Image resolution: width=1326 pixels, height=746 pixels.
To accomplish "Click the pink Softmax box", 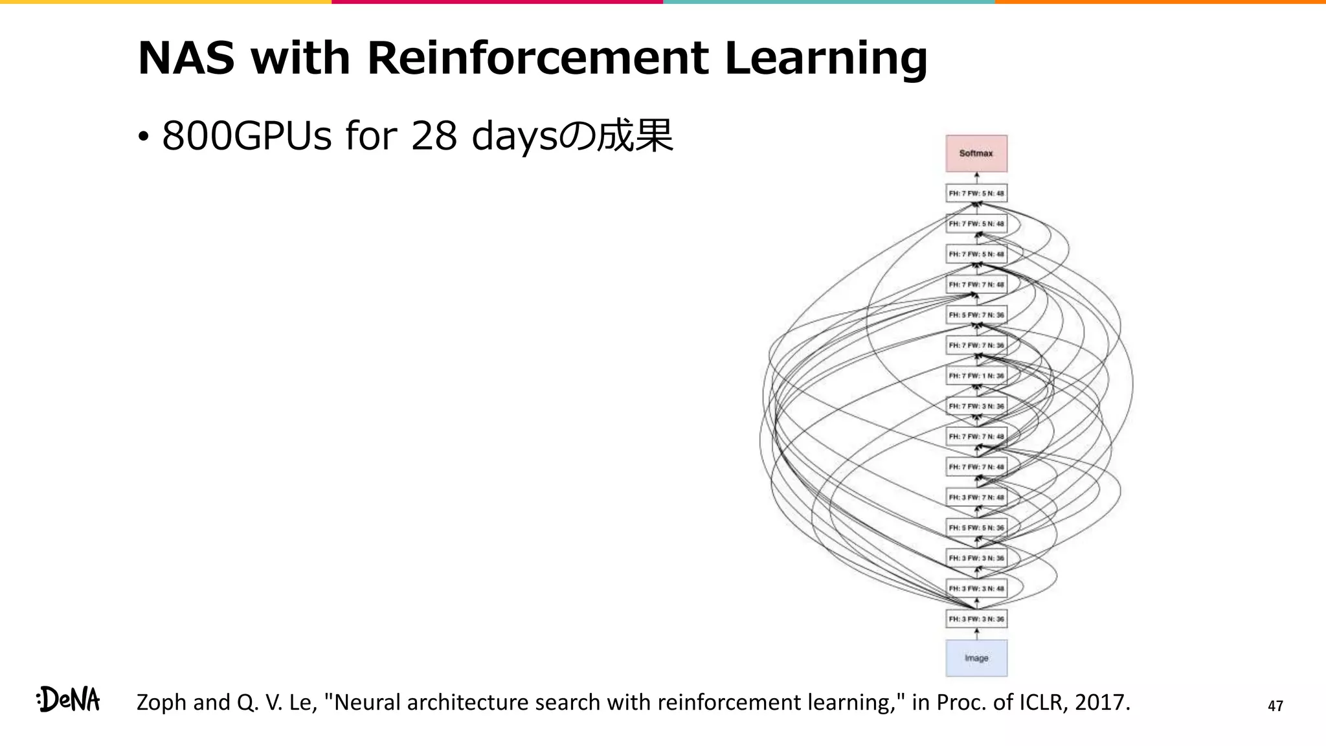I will click(x=976, y=153).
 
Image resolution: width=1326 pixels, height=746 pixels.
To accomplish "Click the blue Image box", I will click(x=976, y=658).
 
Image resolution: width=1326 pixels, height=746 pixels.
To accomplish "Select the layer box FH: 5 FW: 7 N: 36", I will click(x=976, y=315).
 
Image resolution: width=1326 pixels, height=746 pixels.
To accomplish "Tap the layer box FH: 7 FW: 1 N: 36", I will click(x=976, y=376).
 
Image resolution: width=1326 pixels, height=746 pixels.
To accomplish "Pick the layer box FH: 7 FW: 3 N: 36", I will click(x=976, y=406).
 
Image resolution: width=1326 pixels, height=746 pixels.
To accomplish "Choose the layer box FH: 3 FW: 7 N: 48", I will click(x=976, y=497).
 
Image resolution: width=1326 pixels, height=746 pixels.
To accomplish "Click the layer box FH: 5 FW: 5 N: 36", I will click(x=976, y=528).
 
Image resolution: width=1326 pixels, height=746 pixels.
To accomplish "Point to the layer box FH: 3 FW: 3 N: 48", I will click(x=976, y=589).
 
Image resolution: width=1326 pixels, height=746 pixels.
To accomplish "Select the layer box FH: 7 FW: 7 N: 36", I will click(x=976, y=345).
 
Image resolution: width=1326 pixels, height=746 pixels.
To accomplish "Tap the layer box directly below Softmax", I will click(x=976, y=193).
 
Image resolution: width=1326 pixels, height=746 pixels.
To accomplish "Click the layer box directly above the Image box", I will click(x=976, y=619).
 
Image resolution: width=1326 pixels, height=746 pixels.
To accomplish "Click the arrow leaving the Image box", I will click(x=976, y=634).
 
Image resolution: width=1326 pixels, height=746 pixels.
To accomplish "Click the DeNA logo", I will click(x=69, y=699).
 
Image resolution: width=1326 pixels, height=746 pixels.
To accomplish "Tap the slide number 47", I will click(x=1275, y=706).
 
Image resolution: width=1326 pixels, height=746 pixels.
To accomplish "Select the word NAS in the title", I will click(x=186, y=58).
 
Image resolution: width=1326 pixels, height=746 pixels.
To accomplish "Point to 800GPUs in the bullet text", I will click(x=247, y=137).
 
